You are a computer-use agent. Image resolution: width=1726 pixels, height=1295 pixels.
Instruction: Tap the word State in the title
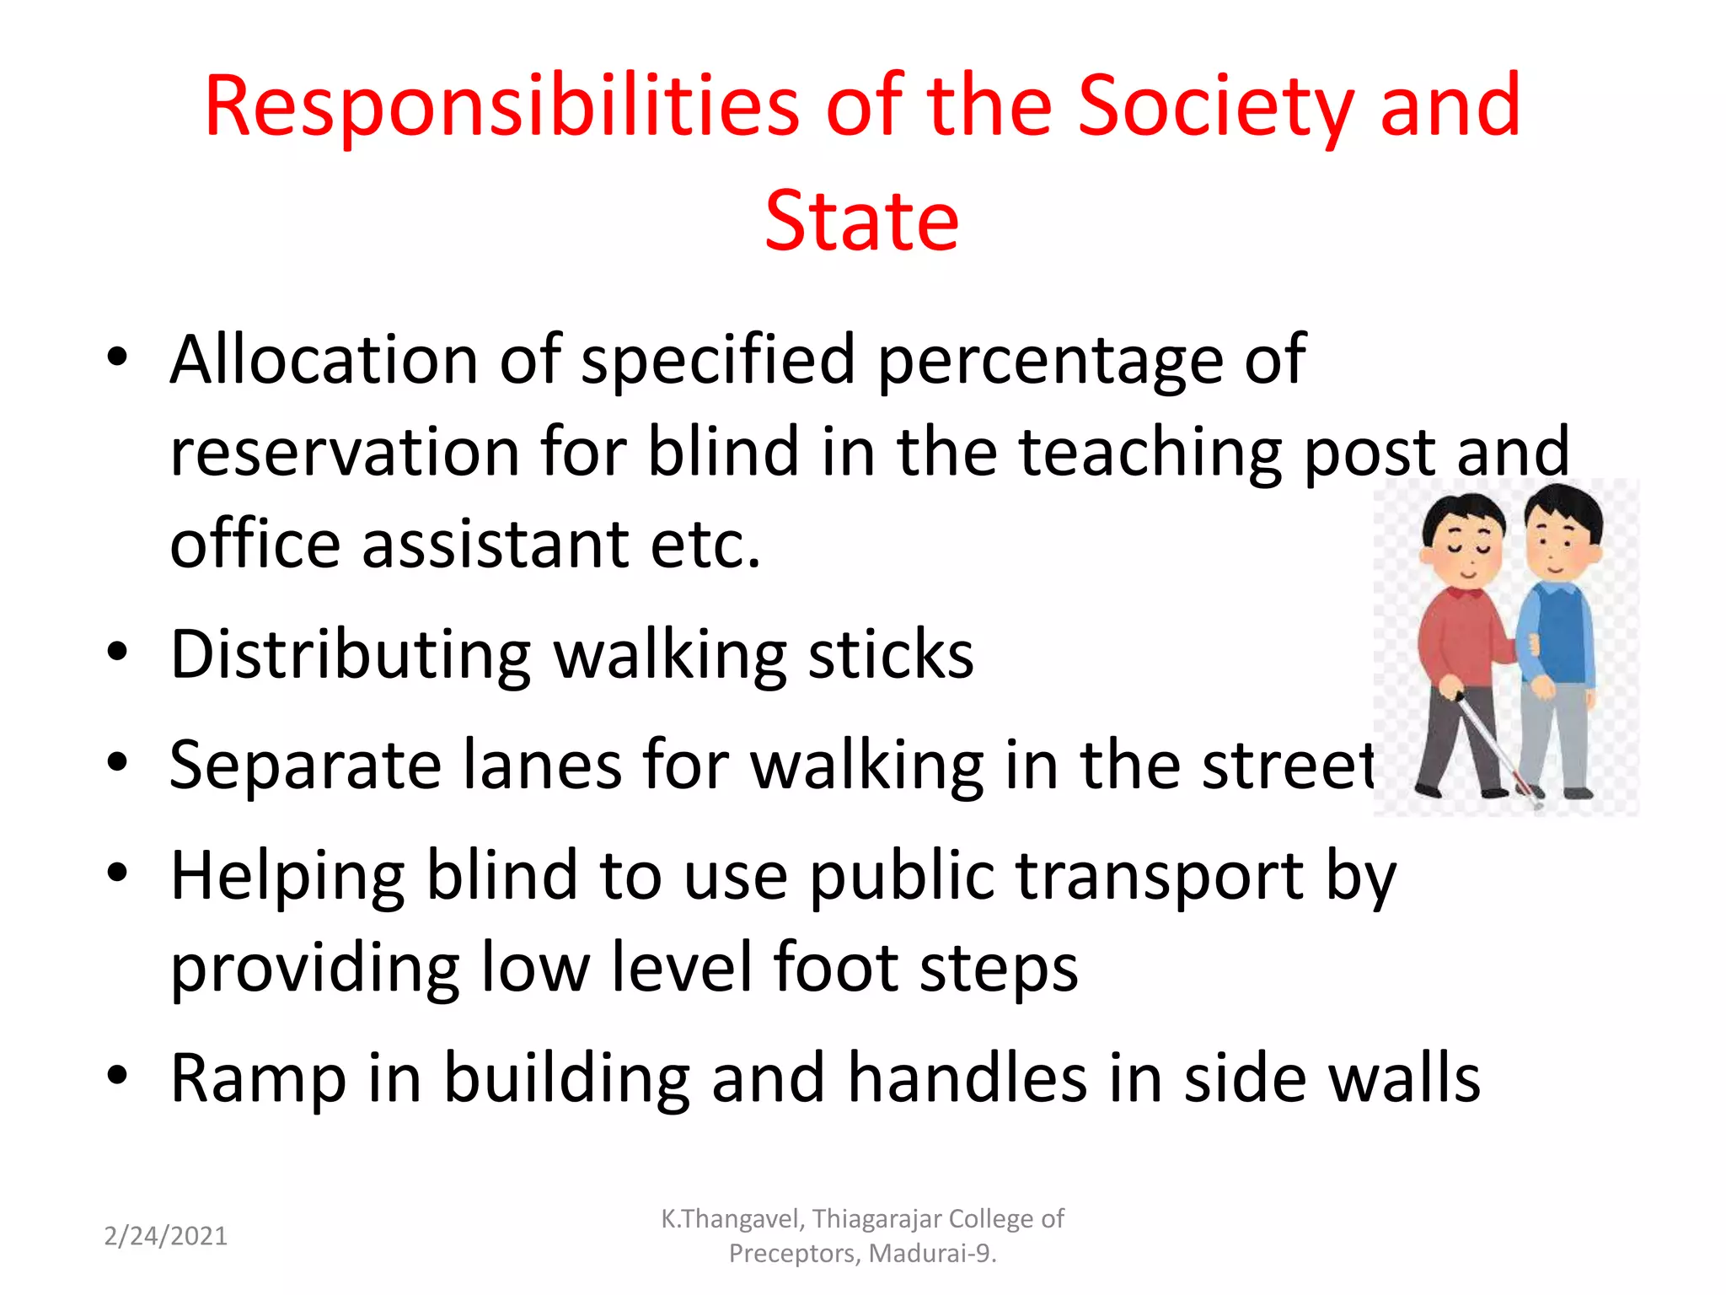click(861, 221)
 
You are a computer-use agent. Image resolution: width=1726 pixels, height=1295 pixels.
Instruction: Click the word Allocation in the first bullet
click(324, 360)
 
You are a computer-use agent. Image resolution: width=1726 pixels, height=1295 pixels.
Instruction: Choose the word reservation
click(344, 452)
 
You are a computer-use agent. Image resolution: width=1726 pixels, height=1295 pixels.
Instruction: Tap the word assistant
click(496, 544)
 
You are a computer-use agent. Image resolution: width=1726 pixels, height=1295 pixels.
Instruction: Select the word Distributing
click(351, 655)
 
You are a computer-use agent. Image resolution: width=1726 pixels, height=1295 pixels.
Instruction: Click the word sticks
click(891, 654)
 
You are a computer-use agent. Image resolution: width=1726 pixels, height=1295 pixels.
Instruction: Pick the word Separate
click(305, 765)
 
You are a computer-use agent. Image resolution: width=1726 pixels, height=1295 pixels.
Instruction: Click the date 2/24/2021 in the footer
click(166, 1236)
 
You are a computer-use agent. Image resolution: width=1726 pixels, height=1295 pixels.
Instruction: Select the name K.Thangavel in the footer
click(733, 1219)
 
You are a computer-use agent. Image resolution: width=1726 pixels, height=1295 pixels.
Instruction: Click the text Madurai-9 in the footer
click(931, 1254)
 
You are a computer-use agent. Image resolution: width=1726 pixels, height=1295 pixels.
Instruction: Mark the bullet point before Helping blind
click(118, 873)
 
